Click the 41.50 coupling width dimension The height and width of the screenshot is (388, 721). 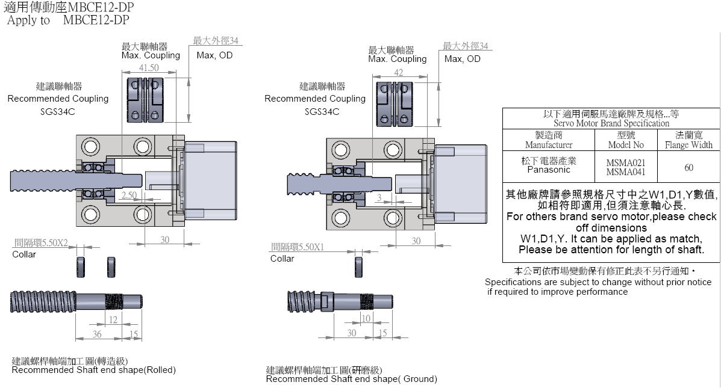[x=149, y=68]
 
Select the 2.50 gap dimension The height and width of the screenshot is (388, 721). [x=128, y=196]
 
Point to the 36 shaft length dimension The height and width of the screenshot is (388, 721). [x=97, y=334]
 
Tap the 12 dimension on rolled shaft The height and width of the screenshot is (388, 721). [x=113, y=320]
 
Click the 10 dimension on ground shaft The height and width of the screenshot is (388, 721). [x=366, y=319]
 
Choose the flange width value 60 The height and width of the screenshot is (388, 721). [x=688, y=168]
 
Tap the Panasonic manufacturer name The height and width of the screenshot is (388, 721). [x=548, y=170]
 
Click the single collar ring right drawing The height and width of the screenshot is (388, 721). [x=359, y=265]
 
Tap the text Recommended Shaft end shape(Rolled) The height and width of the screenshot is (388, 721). [x=94, y=370]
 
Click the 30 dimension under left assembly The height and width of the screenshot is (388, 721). [x=164, y=239]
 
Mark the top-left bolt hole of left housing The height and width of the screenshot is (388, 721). [x=91, y=146]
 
